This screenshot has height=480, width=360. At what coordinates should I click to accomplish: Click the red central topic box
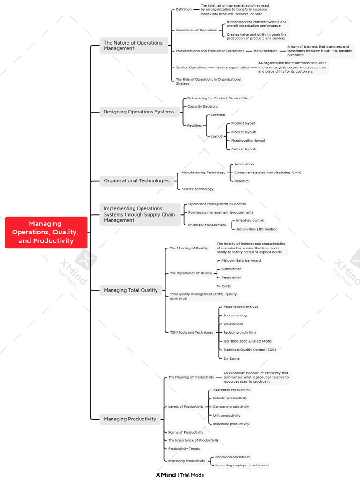(46, 232)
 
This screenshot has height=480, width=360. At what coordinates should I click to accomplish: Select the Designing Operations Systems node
(139, 112)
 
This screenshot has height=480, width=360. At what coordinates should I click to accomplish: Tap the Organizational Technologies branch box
(136, 181)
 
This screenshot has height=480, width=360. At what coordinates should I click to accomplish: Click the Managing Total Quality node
(131, 290)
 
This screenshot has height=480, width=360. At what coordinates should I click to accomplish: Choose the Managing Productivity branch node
(130, 419)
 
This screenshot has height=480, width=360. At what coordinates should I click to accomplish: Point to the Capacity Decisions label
(202, 106)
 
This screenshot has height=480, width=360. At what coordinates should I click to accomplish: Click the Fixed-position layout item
(248, 141)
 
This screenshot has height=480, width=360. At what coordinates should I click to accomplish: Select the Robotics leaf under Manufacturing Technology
(241, 181)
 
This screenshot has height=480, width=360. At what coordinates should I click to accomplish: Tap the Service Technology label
(197, 189)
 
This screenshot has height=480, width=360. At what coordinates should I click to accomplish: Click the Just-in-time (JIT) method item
(256, 229)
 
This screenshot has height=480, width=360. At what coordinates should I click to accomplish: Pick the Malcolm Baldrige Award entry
(241, 261)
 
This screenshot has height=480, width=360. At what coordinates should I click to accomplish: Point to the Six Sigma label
(232, 358)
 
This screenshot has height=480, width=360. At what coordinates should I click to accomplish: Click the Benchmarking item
(235, 315)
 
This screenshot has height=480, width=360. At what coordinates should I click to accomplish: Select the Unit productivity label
(226, 415)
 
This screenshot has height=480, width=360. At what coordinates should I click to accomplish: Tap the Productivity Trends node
(184, 449)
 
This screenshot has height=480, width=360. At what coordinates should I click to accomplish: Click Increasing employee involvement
(242, 465)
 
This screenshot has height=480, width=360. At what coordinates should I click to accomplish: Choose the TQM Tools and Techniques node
(191, 332)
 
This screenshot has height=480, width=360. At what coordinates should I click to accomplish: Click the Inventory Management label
(207, 225)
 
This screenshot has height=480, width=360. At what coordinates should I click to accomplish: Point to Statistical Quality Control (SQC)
(249, 350)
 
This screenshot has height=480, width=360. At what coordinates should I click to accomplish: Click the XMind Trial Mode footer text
(180, 475)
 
